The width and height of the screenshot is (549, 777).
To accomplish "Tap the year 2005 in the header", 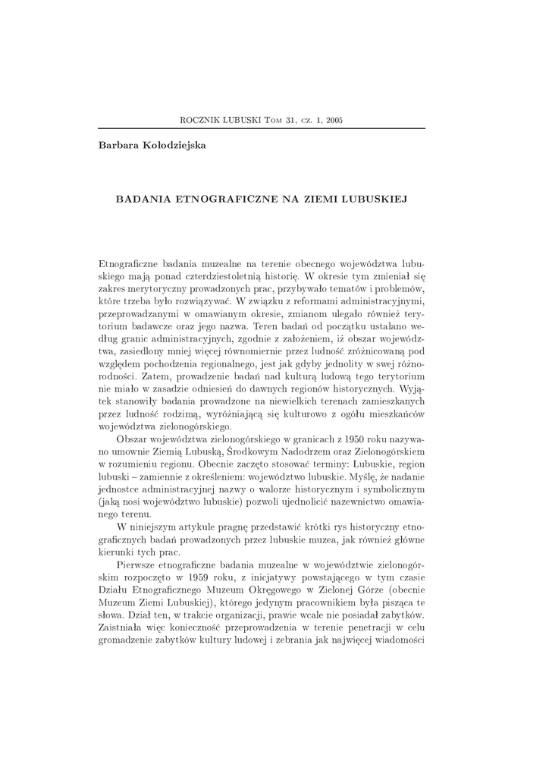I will (x=333, y=119).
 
